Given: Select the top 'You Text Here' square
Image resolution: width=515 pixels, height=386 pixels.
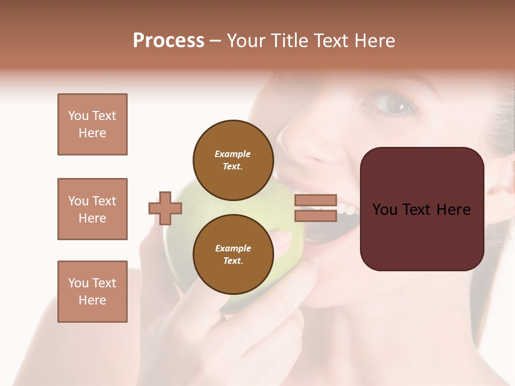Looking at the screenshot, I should click(x=92, y=124).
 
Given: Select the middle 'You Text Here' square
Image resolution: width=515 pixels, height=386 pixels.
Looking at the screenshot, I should click(x=92, y=209).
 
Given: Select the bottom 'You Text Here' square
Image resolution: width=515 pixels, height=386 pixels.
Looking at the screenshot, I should click(x=92, y=292).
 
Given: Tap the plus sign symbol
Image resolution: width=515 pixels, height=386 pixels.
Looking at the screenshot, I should click(x=165, y=208).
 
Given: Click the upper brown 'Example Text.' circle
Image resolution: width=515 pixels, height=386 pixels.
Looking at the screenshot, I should click(x=233, y=160).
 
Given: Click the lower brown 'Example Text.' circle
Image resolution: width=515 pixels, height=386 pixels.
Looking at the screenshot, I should click(x=233, y=254).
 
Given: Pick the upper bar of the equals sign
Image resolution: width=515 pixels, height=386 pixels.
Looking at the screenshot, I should click(x=315, y=201).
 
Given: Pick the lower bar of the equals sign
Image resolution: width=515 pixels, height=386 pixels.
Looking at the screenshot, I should click(x=315, y=216).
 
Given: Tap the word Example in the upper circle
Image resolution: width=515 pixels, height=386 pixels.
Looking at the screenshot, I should click(x=233, y=154).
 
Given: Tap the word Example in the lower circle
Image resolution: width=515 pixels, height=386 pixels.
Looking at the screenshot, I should click(x=233, y=248).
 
